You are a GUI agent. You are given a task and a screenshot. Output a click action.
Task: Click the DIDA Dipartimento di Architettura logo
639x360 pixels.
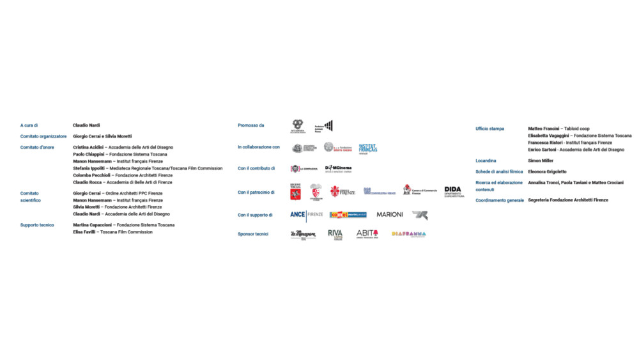pyautogui.click(x=454, y=191)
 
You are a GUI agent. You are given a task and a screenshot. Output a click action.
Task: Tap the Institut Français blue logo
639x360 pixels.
pyautogui.click(x=368, y=148)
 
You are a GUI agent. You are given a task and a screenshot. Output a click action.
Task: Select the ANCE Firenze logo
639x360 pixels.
pyautogui.click(x=307, y=215)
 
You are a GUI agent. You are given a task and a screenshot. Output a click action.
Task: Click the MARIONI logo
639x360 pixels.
pyautogui.click(x=390, y=215)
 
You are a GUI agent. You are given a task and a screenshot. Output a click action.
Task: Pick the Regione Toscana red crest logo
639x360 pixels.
pyautogui.click(x=295, y=191)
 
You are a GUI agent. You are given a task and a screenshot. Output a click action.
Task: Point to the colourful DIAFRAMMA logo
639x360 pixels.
pyautogui.click(x=409, y=234)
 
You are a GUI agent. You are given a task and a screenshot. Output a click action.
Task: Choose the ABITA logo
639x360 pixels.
pyautogui.click(x=367, y=234)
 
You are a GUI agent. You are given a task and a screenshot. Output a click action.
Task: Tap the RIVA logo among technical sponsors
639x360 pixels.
pyautogui.click(x=335, y=234)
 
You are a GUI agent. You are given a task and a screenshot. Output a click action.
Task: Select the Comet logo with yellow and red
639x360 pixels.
pyautogui.click(x=348, y=215)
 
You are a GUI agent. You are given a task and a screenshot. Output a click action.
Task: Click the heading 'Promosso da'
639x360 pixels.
pyautogui.click(x=251, y=125)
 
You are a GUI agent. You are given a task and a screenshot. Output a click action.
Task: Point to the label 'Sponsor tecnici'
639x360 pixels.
pyautogui.click(x=253, y=234)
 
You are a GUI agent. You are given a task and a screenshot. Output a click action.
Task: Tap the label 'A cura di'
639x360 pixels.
pyautogui.click(x=29, y=125)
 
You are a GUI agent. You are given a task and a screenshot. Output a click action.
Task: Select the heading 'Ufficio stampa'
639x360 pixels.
pyautogui.click(x=490, y=129)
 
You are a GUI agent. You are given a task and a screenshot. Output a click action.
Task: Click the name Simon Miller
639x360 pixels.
pyautogui.click(x=541, y=160)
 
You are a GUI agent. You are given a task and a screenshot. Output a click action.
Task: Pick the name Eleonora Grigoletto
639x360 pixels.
pyautogui.click(x=547, y=171)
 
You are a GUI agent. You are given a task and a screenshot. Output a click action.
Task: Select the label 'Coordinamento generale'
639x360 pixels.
pyautogui.click(x=500, y=200)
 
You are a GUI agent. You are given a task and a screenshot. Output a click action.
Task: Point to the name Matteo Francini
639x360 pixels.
pyautogui.click(x=544, y=129)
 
